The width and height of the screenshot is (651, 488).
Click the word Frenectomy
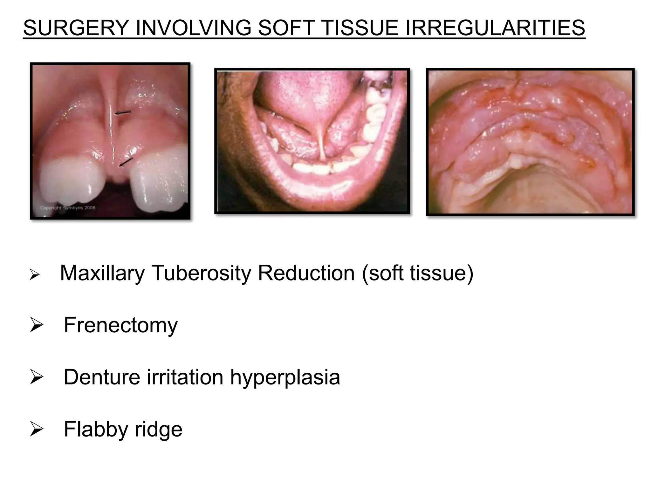click(120, 325)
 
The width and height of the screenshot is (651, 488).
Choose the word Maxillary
click(102, 273)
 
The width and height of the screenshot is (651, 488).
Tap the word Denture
click(102, 377)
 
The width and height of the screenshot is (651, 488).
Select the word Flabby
click(96, 429)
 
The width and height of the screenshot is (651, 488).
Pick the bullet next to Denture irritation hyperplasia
click(36, 377)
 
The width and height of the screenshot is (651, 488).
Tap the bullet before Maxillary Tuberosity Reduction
click(34, 274)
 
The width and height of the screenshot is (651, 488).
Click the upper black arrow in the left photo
click(123, 112)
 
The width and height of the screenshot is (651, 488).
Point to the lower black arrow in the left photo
click(126, 162)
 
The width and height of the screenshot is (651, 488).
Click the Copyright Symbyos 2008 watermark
click(68, 208)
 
